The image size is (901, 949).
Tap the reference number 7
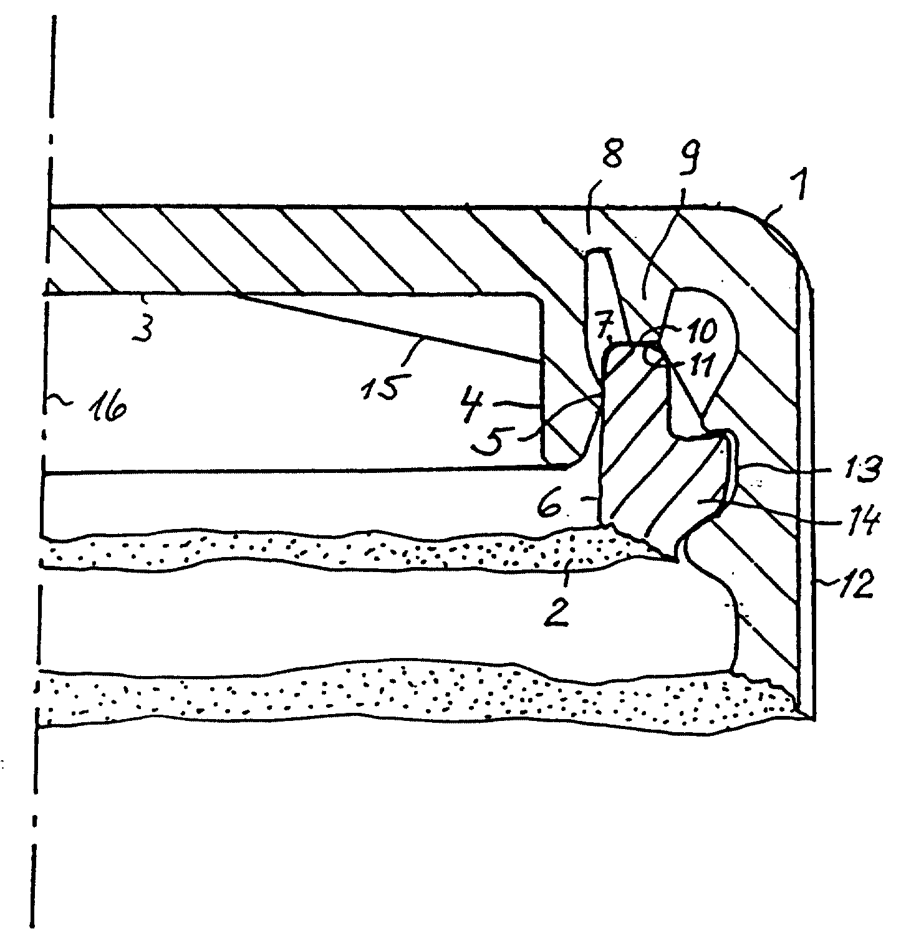(x=603, y=329)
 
